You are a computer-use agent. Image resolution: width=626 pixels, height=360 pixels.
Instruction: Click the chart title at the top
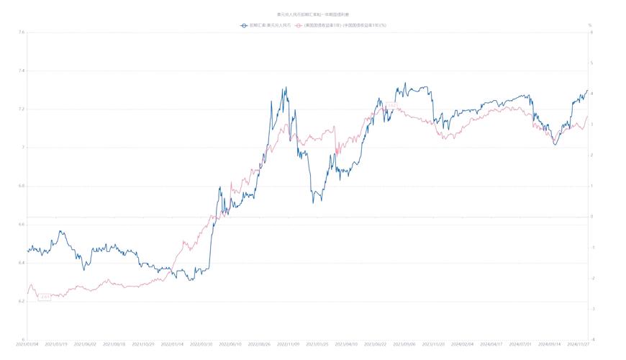pyautogui.click(x=312, y=14)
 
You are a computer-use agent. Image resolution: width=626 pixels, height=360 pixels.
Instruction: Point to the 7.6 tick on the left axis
pyautogui.click(x=22, y=32)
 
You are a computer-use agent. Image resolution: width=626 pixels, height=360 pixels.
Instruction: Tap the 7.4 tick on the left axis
pyautogui.click(x=22, y=71)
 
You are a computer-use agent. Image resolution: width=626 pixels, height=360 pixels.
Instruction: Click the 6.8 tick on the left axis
pyautogui.click(x=22, y=186)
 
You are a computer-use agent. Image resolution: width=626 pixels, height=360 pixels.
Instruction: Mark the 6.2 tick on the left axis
pyautogui.click(x=22, y=301)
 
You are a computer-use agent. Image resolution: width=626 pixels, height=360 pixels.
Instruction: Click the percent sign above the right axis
pyautogui.click(x=590, y=25)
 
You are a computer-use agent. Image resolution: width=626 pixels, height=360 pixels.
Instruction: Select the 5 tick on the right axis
pyautogui.click(x=591, y=63)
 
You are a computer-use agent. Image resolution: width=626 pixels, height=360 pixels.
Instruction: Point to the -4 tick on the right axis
pyautogui.click(x=591, y=339)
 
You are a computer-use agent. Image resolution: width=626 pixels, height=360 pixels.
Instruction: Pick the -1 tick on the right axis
pyautogui.click(x=591, y=247)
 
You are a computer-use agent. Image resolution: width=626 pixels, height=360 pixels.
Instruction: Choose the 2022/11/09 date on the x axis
pyautogui.click(x=288, y=344)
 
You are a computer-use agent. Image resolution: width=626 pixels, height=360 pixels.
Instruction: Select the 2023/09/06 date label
pyautogui.click(x=403, y=344)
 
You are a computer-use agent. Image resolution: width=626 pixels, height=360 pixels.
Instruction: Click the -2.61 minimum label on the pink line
pyautogui.click(x=45, y=297)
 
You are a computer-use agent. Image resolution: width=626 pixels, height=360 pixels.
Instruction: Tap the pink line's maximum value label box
pyautogui.click(x=391, y=106)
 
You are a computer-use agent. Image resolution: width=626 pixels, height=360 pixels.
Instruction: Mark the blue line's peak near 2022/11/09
pyautogui.click(x=286, y=88)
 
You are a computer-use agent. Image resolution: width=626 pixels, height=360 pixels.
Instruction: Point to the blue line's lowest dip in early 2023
pyautogui.click(x=313, y=202)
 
